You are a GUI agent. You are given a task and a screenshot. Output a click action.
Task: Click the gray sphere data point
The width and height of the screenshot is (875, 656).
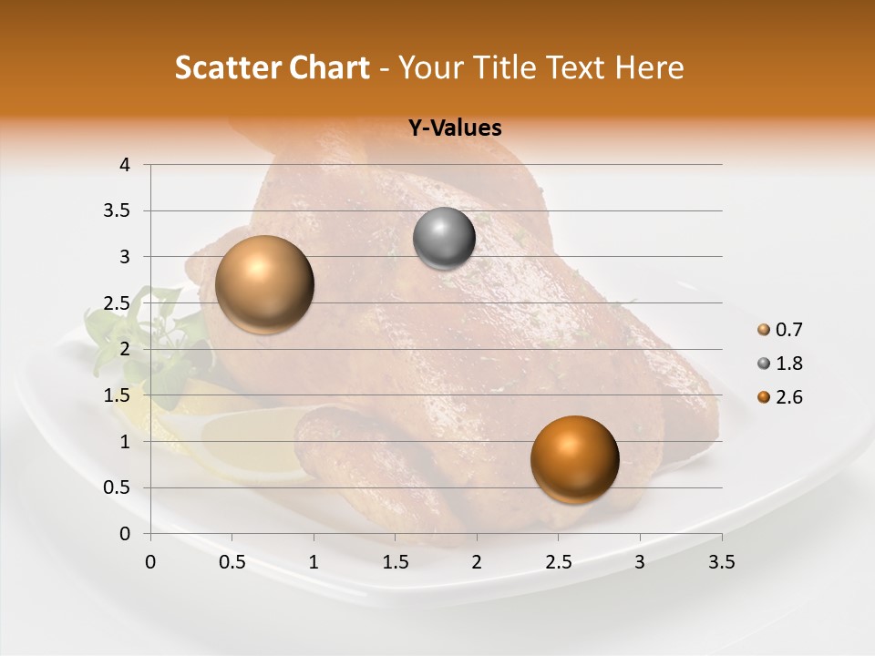click(x=444, y=239)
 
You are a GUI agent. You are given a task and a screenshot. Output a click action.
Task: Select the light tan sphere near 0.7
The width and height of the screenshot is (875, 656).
click(x=264, y=284)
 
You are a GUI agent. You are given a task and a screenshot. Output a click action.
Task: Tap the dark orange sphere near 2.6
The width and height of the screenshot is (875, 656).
click(x=574, y=459)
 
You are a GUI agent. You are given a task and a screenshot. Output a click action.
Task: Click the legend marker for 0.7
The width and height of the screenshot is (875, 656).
click(x=764, y=330)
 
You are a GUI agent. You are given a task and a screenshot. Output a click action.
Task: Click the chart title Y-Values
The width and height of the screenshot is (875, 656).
click(x=454, y=128)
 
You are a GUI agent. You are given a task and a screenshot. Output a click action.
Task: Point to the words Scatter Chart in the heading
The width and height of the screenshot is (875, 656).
click(x=272, y=67)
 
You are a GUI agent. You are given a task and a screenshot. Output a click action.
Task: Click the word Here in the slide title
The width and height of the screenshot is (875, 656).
click(x=649, y=67)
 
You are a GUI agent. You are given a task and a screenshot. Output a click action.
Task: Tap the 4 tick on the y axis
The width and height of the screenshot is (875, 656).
click(x=125, y=165)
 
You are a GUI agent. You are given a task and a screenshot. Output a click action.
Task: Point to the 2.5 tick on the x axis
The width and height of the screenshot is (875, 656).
click(x=558, y=562)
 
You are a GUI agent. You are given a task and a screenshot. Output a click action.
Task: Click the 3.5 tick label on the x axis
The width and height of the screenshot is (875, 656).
click(x=721, y=562)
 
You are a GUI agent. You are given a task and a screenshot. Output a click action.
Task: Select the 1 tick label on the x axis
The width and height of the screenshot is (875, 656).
click(x=314, y=562)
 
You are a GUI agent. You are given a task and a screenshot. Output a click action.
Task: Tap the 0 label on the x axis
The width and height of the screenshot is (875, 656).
click(x=150, y=562)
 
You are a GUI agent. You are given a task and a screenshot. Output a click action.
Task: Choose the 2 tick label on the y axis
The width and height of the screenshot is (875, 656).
click(x=125, y=349)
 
